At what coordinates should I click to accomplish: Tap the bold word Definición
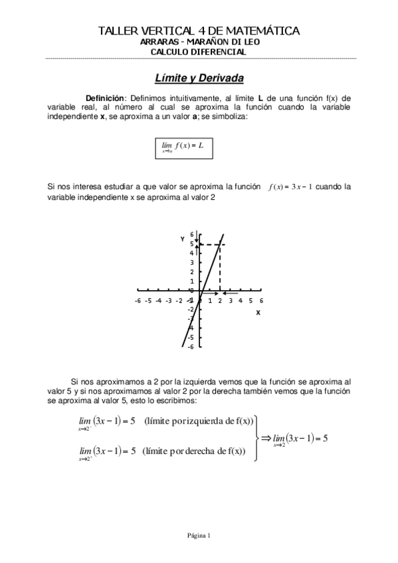[x=106, y=98]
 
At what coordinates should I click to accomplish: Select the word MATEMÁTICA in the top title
[x=262, y=31]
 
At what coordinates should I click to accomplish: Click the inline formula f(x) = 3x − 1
[x=290, y=187]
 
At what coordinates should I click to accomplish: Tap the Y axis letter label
[x=182, y=238]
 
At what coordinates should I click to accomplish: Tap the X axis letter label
[x=258, y=313]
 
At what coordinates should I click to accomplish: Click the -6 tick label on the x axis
[x=137, y=301]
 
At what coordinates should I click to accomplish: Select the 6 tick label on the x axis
[x=262, y=301]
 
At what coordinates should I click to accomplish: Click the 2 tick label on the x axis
[x=221, y=301]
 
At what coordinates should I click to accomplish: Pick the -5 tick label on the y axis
[x=190, y=337]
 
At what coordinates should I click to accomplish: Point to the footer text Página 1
[x=198, y=535]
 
